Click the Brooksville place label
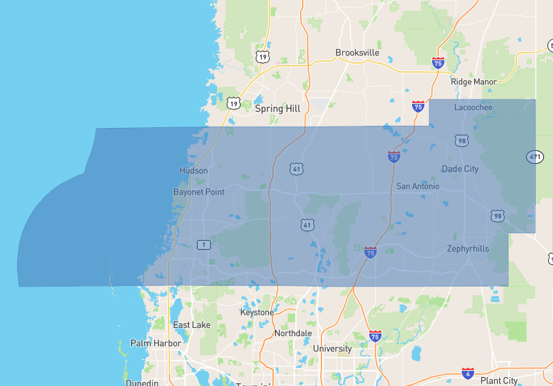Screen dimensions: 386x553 click(357, 53)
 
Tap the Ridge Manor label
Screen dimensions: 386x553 click(474, 82)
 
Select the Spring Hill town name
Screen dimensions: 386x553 click(278, 109)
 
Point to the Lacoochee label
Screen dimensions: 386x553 click(474, 107)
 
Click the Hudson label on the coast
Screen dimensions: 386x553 click(194, 171)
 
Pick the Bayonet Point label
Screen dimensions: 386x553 click(199, 192)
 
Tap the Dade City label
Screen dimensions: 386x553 click(460, 169)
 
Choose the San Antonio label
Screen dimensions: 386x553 click(418, 187)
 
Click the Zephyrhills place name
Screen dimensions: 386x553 click(468, 248)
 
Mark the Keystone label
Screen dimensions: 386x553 click(257, 313)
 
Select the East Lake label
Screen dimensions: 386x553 click(191, 325)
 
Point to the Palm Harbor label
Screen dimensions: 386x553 click(156, 343)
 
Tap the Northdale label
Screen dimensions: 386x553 click(293, 333)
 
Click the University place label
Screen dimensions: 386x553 click(332, 349)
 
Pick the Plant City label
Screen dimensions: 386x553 click(499, 380)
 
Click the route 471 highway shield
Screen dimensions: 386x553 click(534, 157)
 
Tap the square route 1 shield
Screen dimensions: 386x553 click(203, 244)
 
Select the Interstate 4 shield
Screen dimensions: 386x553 click(468, 373)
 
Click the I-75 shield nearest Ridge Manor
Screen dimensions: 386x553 click(438, 63)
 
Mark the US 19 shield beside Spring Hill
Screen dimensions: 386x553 click(233, 104)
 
